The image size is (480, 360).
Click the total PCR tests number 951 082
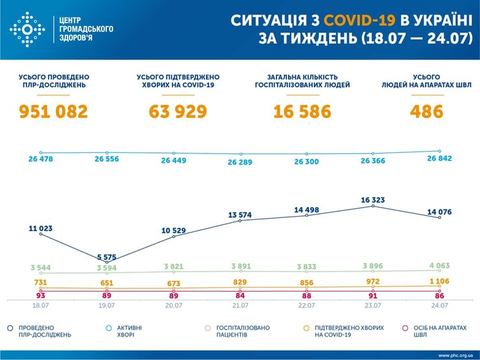[53, 112]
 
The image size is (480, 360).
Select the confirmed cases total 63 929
[178, 112]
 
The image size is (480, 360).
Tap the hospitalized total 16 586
[302, 112]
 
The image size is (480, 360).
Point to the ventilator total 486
[426, 112]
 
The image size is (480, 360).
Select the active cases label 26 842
[439, 160]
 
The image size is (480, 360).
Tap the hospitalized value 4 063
[439, 266]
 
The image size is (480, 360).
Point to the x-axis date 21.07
[240, 305]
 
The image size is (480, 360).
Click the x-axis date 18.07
[40, 305]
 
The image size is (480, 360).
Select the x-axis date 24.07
[439, 305]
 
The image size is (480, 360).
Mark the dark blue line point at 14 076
[439, 218]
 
